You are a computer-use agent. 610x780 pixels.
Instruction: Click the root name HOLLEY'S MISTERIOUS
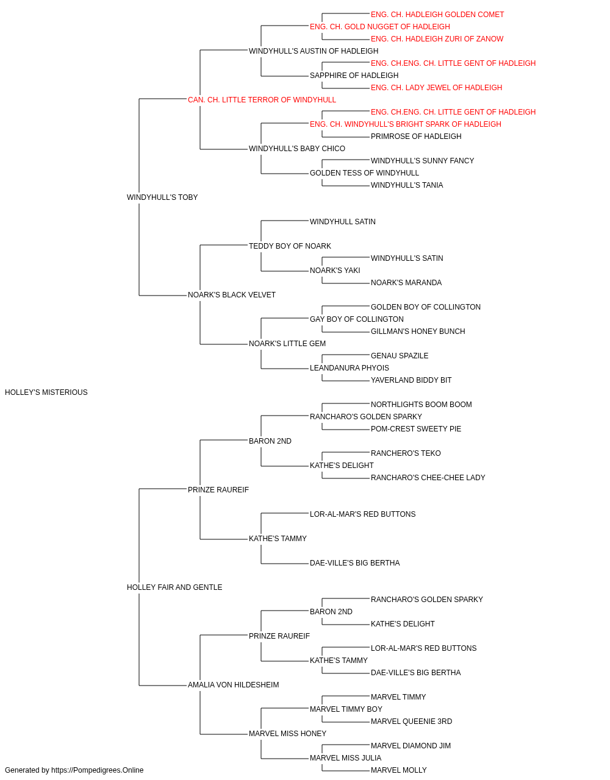click(46, 392)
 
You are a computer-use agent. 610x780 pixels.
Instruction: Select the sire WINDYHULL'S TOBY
click(162, 197)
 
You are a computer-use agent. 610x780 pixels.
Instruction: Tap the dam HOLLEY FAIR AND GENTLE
click(174, 587)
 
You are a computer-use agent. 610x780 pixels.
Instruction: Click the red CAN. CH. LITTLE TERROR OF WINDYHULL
click(262, 100)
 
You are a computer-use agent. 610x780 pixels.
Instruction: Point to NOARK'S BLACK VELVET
click(232, 295)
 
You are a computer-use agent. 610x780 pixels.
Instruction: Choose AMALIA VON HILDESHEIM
click(234, 685)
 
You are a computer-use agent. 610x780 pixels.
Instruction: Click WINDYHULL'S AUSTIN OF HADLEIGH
click(314, 51)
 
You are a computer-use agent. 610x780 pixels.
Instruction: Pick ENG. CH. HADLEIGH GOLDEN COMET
click(437, 15)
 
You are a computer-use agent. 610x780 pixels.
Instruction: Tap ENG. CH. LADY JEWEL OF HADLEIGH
click(437, 88)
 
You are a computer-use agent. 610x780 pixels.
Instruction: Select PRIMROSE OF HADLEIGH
click(416, 136)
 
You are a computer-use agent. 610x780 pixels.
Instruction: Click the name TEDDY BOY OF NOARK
click(290, 246)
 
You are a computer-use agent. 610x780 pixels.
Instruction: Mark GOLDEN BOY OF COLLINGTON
click(426, 307)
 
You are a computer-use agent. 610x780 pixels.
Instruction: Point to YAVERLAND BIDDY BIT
click(411, 380)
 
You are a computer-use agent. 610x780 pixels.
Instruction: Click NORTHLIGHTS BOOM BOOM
click(422, 405)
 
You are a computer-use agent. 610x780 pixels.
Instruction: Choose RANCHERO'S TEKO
click(406, 453)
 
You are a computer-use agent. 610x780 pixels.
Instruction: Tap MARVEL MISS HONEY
click(288, 734)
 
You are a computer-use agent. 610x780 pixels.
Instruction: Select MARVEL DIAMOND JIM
click(411, 746)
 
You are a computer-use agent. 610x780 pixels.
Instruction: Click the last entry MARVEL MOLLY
click(399, 770)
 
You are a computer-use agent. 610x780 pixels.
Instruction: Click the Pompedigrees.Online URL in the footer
click(98, 770)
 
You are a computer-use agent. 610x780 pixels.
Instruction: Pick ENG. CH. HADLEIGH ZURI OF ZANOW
click(437, 39)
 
